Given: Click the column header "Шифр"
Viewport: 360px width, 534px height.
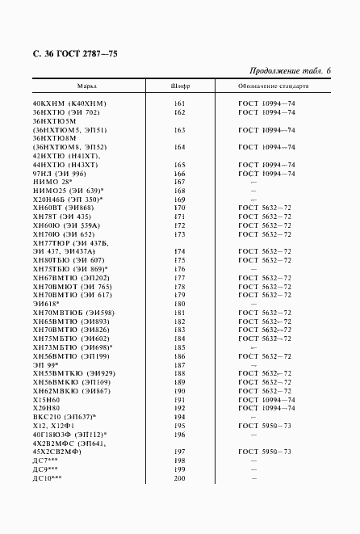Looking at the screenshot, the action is [x=180, y=85].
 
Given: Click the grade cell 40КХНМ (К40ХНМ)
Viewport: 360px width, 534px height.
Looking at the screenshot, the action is [x=69, y=104].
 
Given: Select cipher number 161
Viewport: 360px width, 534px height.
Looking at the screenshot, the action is [x=180, y=104].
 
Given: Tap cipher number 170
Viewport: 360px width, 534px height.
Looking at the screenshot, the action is [x=180, y=208].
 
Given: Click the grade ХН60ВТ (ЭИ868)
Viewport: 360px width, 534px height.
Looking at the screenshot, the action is [x=64, y=208].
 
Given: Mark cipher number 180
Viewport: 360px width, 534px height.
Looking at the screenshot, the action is [x=180, y=304].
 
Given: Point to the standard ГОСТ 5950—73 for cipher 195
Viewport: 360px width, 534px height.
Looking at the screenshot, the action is [x=266, y=426].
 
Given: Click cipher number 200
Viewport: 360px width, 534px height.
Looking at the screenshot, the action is [x=180, y=477].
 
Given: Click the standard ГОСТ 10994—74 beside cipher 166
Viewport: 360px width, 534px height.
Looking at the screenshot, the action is [x=266, y=174].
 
